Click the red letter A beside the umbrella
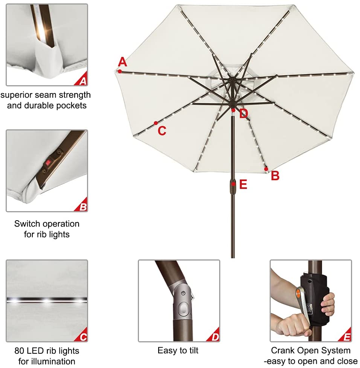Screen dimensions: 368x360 pos(122,62)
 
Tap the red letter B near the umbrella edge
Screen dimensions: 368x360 pos(275,176)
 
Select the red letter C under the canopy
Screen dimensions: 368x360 pos(162,130)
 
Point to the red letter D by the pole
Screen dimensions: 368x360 pos(244,113)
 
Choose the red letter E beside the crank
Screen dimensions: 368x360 pos(243,184)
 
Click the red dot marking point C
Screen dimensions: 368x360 pos(156,123)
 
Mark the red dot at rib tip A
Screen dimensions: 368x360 pos(119,71)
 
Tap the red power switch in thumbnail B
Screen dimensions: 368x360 pos(48,163)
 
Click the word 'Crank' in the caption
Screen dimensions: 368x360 pos(283,351)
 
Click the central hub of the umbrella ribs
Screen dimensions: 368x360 pos(231,80)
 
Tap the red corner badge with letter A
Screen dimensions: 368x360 pos(82,80)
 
